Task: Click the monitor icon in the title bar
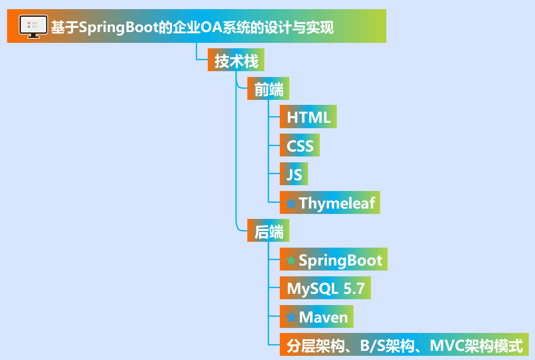(x=33, y=27)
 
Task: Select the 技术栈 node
(x=236, y=61)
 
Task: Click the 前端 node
(x=268, y=89)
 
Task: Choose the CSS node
(x=300, y=146)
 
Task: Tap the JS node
(x=294, y=174)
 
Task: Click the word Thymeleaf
(x=337, y=203)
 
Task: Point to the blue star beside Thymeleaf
(x=291, y=204)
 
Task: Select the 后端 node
(x=268, y=231)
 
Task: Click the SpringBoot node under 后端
(x=340, y=260)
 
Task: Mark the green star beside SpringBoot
(x=291, y=261)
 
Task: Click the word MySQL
(x=313, y=288)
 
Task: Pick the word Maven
(x=323, y=317)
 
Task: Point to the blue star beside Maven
(x=291, y=317)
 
